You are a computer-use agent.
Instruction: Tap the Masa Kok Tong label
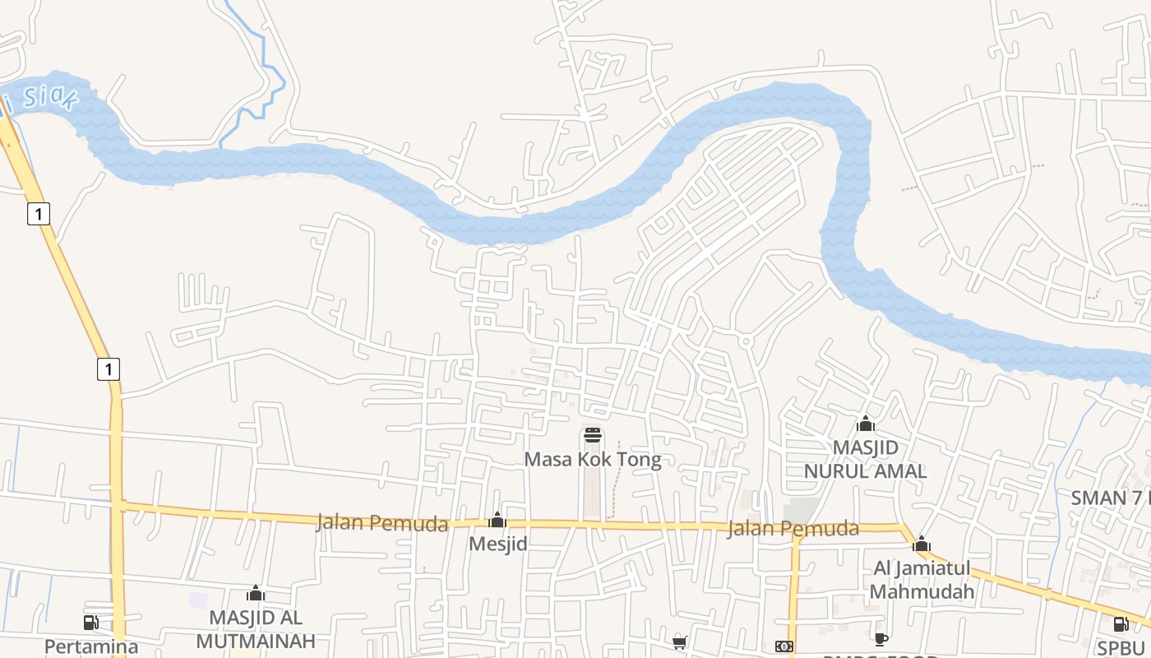pos(592,459)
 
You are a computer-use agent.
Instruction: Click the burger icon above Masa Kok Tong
pos(593,435)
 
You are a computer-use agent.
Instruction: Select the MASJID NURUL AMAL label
pos(865,459)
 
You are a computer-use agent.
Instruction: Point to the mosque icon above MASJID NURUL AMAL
pos(865,424)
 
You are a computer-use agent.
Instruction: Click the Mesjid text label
pos(497,544)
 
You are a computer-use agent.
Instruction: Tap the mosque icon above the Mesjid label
pos(497,520)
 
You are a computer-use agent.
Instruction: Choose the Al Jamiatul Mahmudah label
pos(921,580)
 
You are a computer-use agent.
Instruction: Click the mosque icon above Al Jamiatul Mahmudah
pos(922,544)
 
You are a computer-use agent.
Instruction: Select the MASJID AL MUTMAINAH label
pos(256,629)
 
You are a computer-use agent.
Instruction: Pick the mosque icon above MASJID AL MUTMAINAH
pos(256,593)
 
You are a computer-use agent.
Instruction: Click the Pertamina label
pos(90,646)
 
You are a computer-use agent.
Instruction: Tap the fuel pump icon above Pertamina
pos(90,623)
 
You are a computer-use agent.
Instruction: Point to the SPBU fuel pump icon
pos(1121,623)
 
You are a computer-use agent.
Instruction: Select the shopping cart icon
pos(680,642)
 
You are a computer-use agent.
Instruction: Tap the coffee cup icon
pos(881,639)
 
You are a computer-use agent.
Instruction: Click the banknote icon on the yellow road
pos(784,646)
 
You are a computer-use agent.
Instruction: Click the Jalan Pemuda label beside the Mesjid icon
pos(382,523)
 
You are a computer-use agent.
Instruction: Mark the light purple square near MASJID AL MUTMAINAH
pos(198,600)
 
